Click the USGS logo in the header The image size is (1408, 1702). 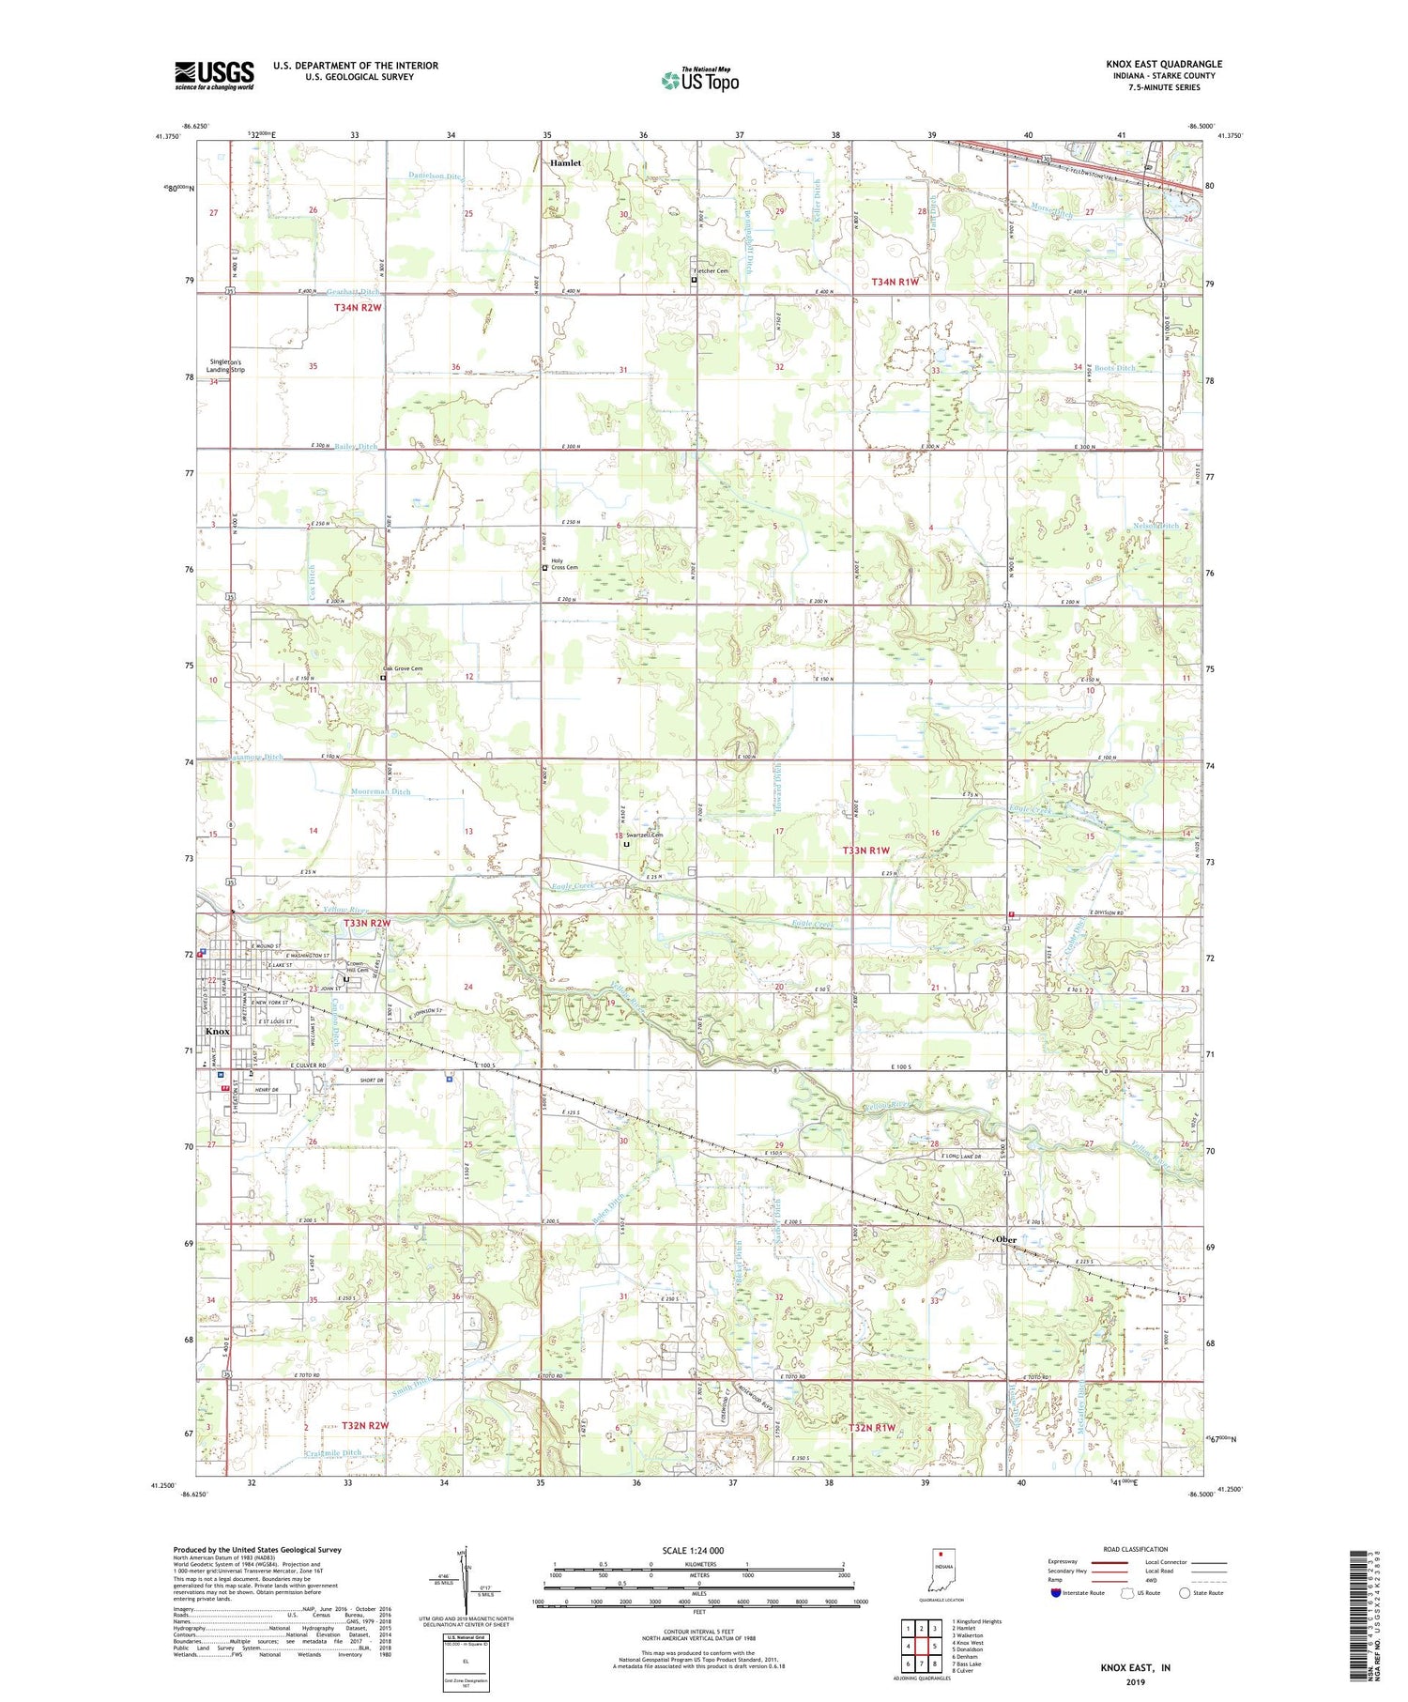214,75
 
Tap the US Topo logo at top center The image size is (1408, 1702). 700,81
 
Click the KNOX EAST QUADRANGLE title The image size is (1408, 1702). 1164,64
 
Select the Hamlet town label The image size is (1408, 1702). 565,163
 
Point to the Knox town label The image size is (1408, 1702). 217,1031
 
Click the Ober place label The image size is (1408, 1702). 1006,1239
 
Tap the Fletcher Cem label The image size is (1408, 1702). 711,271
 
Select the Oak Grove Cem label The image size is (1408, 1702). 402,668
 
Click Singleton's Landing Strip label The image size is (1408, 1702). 225,366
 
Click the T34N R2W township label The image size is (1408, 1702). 358,307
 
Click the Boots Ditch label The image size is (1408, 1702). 1114,368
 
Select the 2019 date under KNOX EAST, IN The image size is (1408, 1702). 1136,1681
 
